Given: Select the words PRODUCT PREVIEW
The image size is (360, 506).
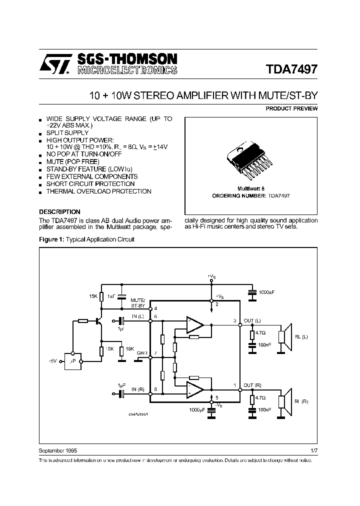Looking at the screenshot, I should point(291,108).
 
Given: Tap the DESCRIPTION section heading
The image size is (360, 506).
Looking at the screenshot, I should point(59,211).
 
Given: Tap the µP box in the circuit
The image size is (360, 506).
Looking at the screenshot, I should point(73,360).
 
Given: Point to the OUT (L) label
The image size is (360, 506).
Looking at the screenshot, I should point(252,320).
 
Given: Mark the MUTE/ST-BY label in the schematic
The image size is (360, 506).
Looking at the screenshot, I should point(138,301).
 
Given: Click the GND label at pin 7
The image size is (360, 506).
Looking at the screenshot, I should point(142,353).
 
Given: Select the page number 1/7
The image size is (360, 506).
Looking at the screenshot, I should point(313,450).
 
